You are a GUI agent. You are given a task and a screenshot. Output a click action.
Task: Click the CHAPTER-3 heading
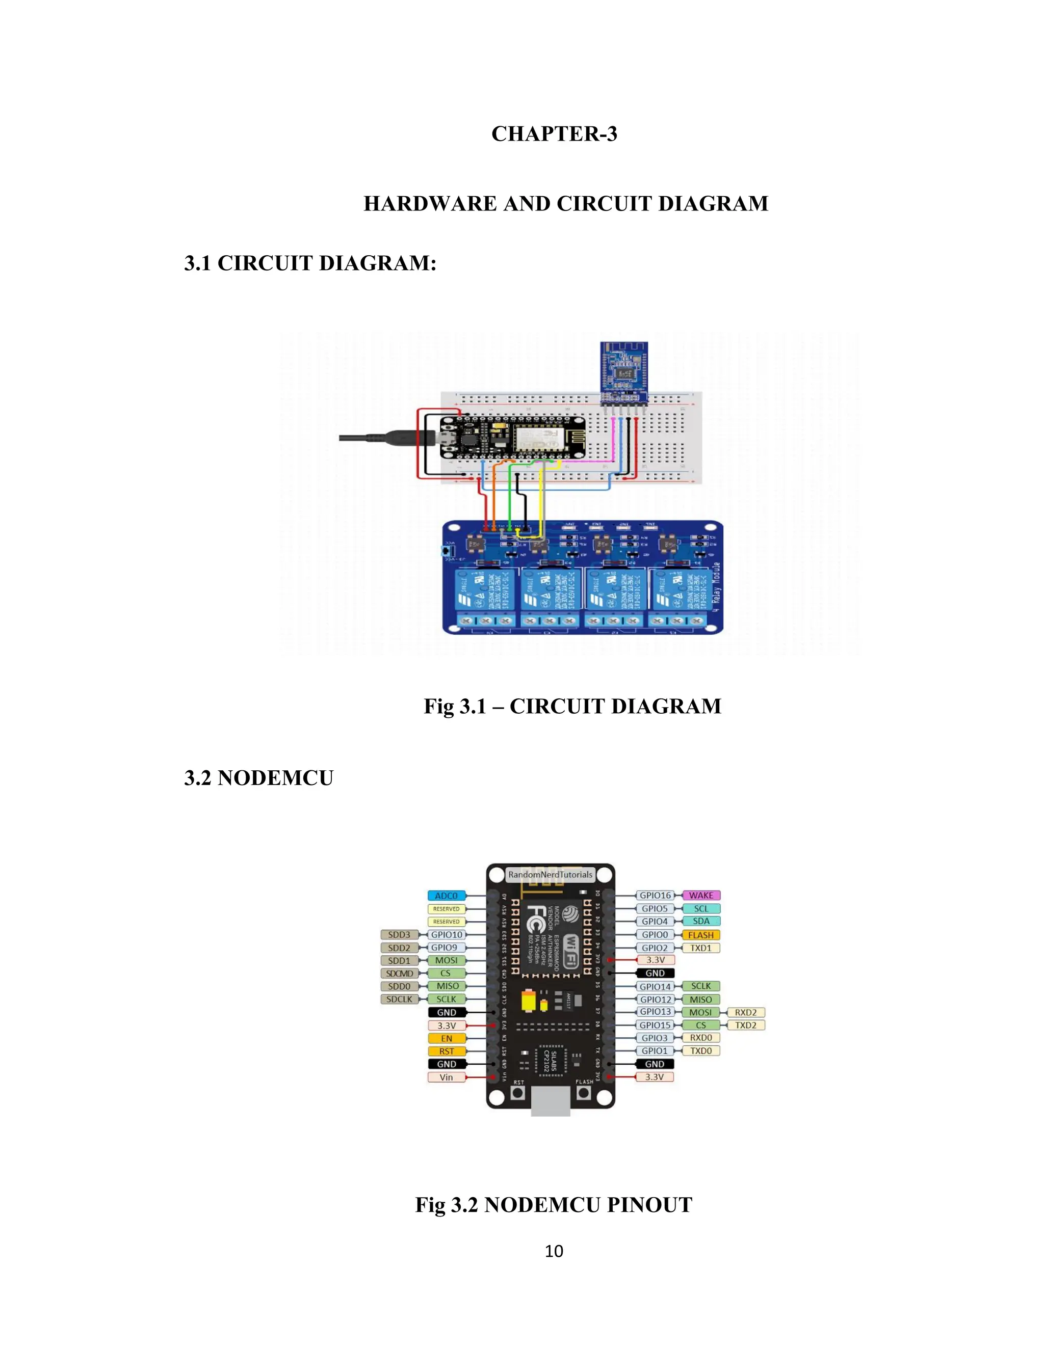pos(554,133)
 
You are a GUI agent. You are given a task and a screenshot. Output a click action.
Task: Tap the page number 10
pos(554,1251)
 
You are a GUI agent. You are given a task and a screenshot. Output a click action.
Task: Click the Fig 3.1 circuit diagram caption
pos(572,706)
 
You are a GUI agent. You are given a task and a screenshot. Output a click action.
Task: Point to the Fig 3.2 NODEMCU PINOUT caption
pos(554,1204)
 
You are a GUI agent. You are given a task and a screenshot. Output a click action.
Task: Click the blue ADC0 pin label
pos(446,896)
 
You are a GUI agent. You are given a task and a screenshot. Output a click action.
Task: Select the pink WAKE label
pos(701,895)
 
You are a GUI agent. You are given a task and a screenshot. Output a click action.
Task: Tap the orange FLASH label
pos(701,935)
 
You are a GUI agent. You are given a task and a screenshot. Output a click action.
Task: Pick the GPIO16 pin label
pos(655,895)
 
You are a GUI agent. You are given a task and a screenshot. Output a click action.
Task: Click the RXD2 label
pos(745,1013)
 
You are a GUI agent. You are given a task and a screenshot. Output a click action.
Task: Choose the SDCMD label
pos(400,973)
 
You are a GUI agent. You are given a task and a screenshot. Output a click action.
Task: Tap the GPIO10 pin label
pos(447,935)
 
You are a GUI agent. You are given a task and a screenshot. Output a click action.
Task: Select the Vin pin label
pos(446,1077)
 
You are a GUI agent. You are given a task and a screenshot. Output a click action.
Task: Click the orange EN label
pos(446,1038)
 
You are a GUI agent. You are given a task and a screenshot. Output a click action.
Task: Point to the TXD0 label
pos(701,1051)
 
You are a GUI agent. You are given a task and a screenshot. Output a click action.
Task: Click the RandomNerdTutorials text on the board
pos(550,875)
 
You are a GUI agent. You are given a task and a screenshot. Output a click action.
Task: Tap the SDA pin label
pos(701,921)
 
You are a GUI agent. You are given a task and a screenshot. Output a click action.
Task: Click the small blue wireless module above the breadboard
pos(624,371)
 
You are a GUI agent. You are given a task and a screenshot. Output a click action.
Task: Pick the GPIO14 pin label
pos(655,987)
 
